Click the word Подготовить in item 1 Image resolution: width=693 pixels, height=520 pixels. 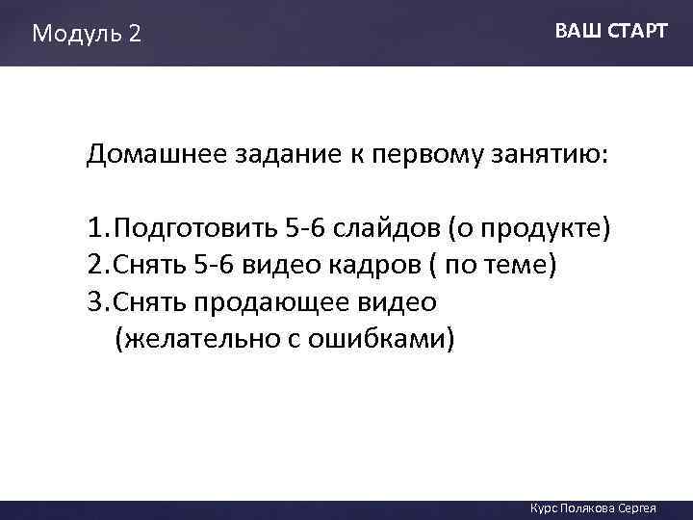pos(196,230)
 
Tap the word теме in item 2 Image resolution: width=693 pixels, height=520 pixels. pos(516,266)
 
